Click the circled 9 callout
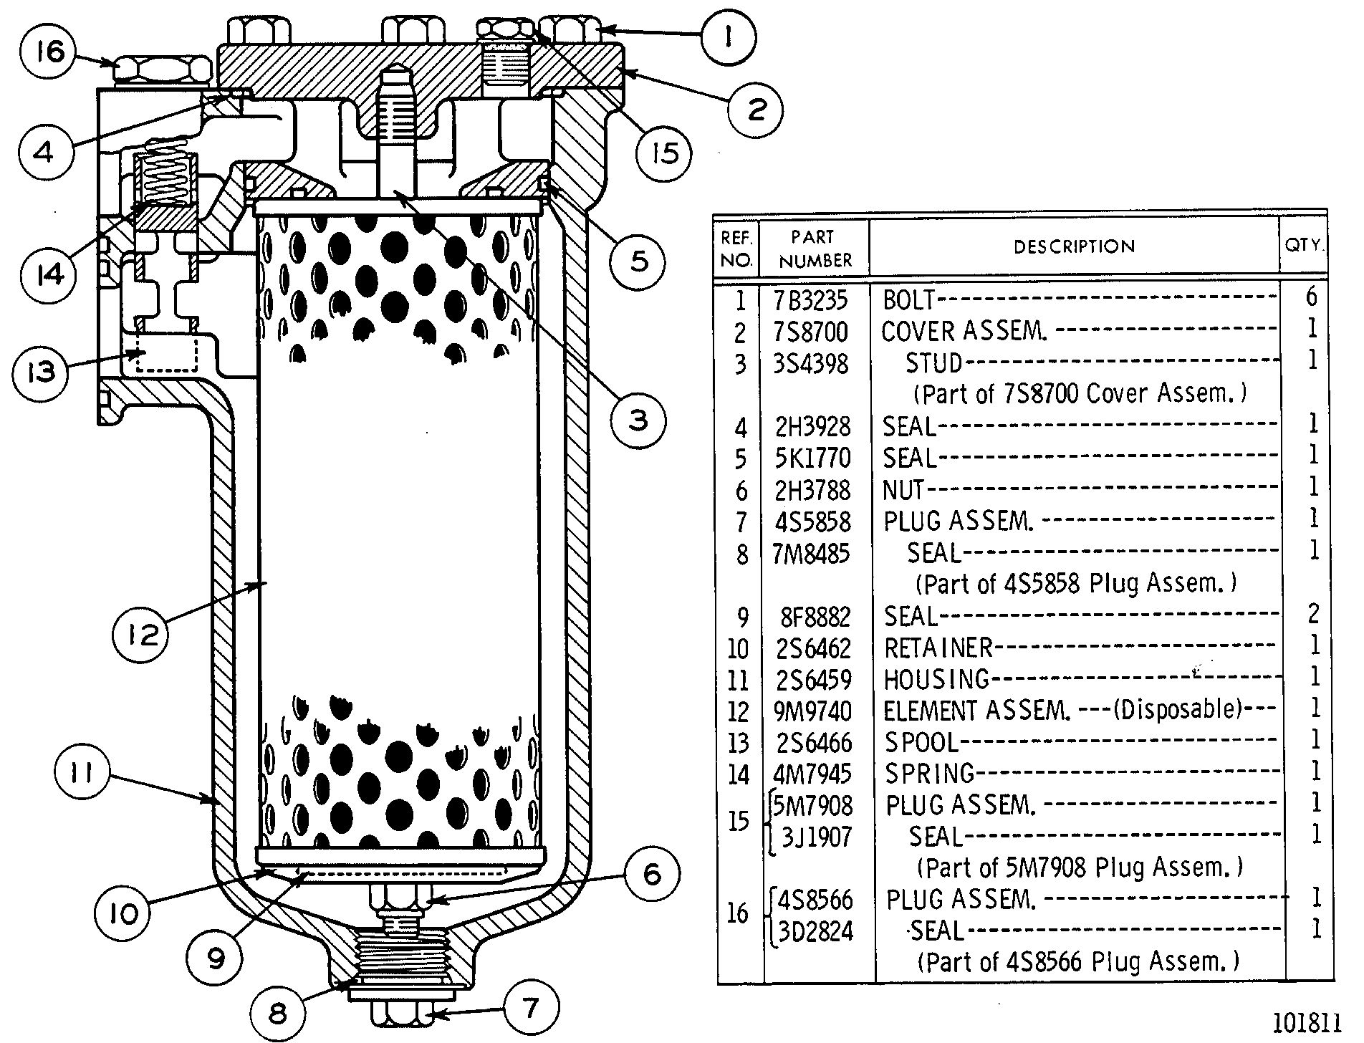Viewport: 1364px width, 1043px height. pyautogui.click(x=216, y=958)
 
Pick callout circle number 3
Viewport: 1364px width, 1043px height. pyautogui.click(x=638, y=420)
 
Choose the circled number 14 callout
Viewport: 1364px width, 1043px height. pyautogui.click(x=49, y=274)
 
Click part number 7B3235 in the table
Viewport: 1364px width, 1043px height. pyautogui.click(x=812, y=300)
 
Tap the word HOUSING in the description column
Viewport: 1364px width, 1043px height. pyautogui.click(x=936, y=679)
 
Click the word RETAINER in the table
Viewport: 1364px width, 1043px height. pyautogui.click(x=938, y=648)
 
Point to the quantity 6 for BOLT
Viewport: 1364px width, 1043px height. pyautogui.click(x=1311, y=297)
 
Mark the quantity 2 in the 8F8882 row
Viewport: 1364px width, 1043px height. pyautogui.click(x=1312, y=614)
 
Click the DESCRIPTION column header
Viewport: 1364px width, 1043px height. pyautogui.click(x=1074, y=247)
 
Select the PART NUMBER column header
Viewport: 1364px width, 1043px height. pyautogui.click(x=815, y=249)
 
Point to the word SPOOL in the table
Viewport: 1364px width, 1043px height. pyautogui.click(x=921, y=742)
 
